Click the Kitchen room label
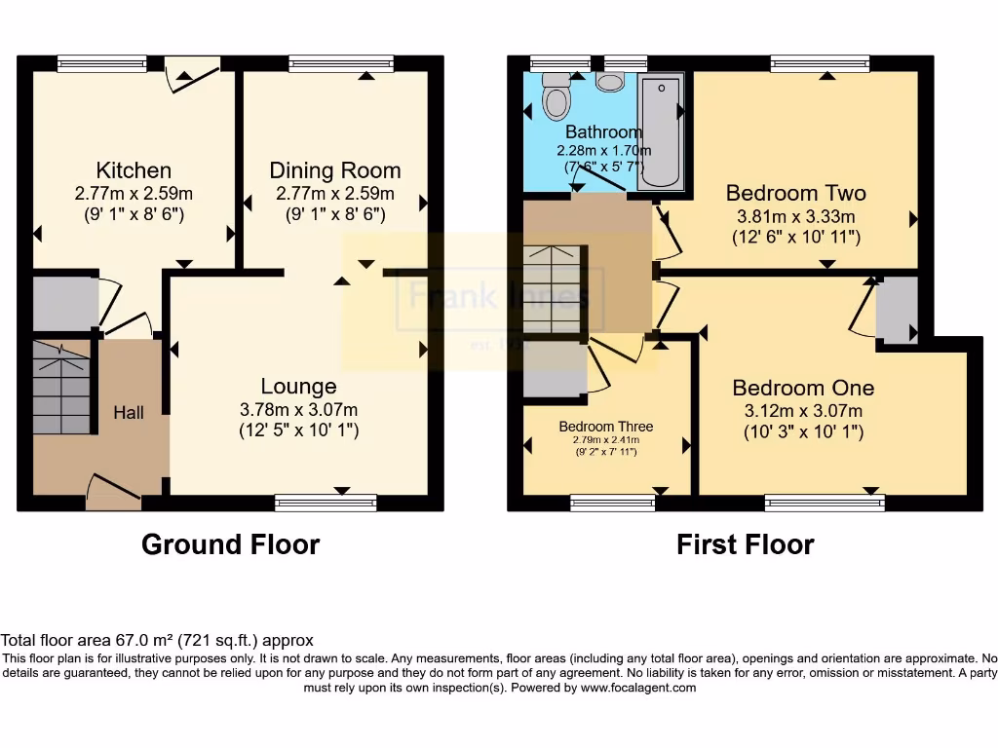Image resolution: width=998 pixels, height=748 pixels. click(x=134, y=170)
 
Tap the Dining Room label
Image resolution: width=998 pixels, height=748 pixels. click(x=335, y=170)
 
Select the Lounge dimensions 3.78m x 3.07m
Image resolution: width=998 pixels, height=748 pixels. click(x=298, y=409)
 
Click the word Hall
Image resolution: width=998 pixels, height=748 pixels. click(x=128, y=413)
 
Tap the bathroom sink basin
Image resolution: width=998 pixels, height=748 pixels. click(x=610, y=82)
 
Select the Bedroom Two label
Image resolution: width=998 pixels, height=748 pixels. click(x=795, y=193)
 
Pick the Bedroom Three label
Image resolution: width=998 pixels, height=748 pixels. click(x=605, y=427)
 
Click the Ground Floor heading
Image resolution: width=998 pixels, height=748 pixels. click(x=230, y=544)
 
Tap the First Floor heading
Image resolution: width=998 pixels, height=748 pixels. click(x=745, y=544)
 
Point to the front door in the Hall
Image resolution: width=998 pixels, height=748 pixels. click(x=114, y=492)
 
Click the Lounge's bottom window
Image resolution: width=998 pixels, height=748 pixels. click(x=326, y=503)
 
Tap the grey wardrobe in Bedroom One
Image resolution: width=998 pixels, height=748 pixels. click(x=897, y=309)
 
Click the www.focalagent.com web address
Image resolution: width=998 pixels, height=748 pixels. click(x=638, y=688)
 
